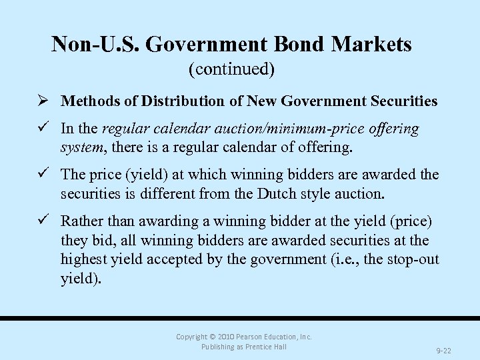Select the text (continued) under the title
click(231, 68)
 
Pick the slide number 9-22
click(444, 349)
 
